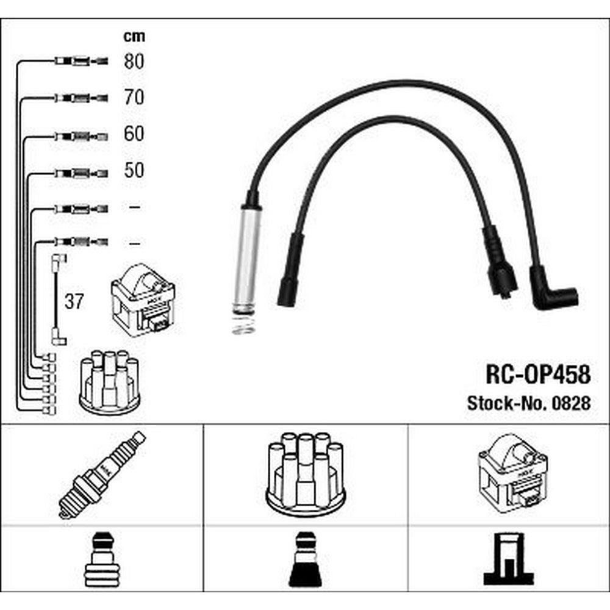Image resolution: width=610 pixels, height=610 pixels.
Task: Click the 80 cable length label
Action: [134, 62]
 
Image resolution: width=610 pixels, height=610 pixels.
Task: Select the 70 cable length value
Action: [134, 97]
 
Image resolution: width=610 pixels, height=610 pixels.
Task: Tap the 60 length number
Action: [134, 134]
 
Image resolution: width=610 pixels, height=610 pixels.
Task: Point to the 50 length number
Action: [134, 170]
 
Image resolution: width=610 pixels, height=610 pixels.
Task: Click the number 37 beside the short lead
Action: [74, 301]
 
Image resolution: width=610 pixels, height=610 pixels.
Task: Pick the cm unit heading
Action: [134, 36]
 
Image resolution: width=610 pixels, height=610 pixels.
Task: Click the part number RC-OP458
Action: [538, 375]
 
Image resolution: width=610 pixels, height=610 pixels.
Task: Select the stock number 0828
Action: [571, 403]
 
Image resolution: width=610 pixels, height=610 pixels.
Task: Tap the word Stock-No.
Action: [508, 403]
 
